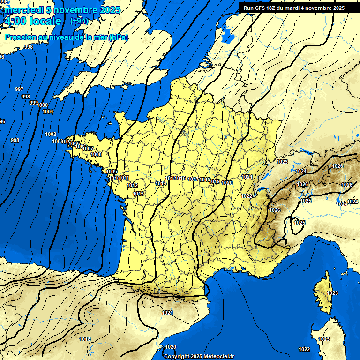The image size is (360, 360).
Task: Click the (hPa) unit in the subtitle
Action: (x=118, y=37)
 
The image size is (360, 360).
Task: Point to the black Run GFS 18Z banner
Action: (x=294, y=7)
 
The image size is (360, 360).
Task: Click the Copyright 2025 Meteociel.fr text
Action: (x=199, y=356)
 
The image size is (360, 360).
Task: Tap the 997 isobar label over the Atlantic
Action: (x=19, y=89)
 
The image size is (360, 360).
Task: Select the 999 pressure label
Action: (x=34, y=103)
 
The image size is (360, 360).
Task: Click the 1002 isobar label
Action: (x=51, y=134)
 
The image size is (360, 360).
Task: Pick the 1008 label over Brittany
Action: (x=96, y=154)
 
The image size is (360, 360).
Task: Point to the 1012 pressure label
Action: (x=132, y=185)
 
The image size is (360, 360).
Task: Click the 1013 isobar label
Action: (x=138, y=194)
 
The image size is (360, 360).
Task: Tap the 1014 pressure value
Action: (x=161, y=183)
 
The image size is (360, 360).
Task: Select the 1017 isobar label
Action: (x=193, y=180)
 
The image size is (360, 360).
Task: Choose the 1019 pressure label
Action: (x=215, y=181)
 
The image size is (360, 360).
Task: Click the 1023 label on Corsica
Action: (x=332, y=293)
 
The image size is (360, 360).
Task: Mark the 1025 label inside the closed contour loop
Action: (x=300, y=223)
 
